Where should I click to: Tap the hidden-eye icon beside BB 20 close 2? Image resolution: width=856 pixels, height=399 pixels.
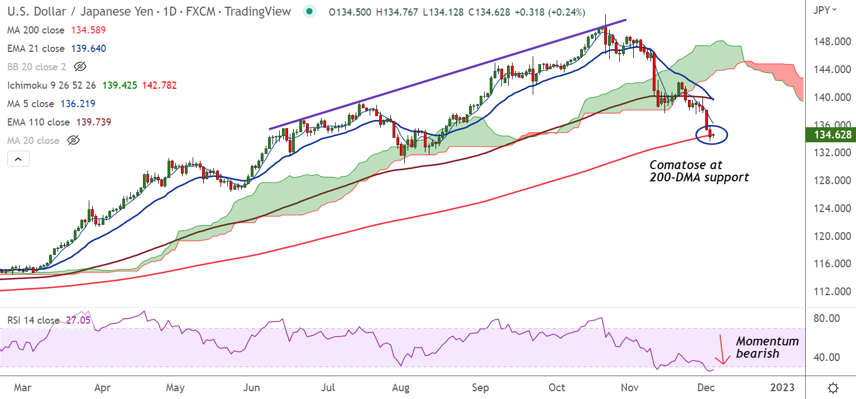(80, 67)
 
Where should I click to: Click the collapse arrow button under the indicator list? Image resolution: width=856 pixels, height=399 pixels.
(18, 160)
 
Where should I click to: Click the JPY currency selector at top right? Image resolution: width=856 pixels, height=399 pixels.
(825, 9)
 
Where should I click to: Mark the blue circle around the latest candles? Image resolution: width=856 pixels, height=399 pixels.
(712, 134)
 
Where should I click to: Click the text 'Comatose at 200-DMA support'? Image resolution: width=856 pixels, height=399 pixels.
(699, 171)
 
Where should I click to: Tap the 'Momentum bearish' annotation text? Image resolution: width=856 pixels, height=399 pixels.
(767, 347)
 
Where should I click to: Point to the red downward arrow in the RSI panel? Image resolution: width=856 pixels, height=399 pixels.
(723, 350)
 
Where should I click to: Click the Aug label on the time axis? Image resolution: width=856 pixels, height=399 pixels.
(401, 388)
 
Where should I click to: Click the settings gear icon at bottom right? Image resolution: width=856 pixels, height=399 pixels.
(833, 388)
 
